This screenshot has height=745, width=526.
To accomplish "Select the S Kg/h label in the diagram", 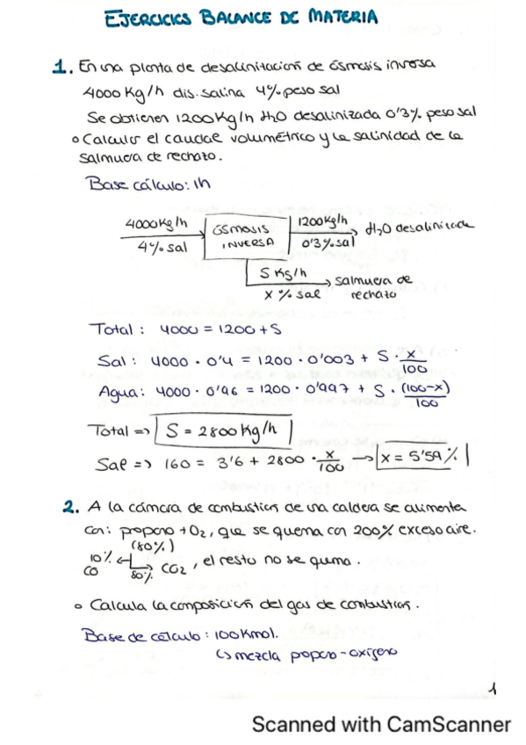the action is pos(283,272).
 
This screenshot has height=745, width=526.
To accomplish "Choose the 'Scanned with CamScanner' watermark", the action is pos(381,725).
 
